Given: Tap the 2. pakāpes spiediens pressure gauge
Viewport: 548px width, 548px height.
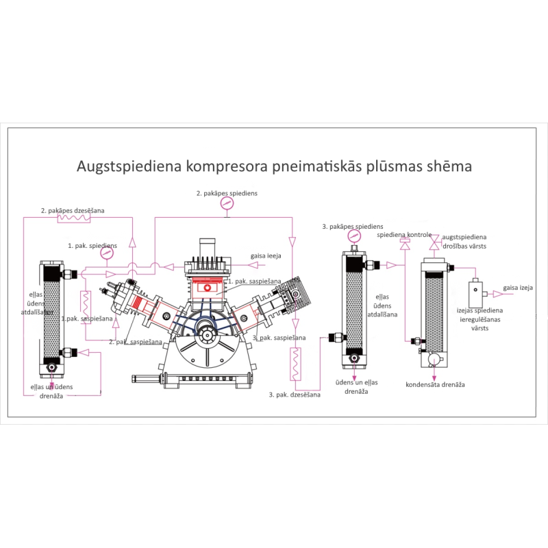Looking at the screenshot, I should tap(227, 204).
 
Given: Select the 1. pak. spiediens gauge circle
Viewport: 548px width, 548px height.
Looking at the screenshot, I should tap(106, 253).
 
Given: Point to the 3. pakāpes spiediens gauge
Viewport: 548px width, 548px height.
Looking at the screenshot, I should tap(353, 236).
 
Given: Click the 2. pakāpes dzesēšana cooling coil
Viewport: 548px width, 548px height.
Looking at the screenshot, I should tap(74, 219).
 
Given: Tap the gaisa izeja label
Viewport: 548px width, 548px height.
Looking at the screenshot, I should tap(518, 288).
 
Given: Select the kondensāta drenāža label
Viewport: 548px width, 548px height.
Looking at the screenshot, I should tap(436, 384).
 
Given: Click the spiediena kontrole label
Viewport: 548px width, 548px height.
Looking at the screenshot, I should tap(403, 235).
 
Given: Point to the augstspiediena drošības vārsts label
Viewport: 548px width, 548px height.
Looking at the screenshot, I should tap(464, 240).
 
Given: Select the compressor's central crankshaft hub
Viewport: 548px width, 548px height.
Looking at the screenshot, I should tap(206, 337).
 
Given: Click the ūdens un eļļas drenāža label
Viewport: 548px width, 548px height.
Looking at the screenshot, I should tap(357, 386).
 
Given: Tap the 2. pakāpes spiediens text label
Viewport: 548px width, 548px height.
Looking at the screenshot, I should tap(227, 193).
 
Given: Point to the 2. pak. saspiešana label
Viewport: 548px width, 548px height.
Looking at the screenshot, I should tap(136, 341).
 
